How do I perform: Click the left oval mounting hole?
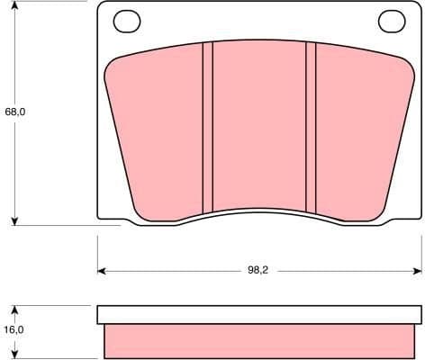pyautogui.click(x=127, y=19)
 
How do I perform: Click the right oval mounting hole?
pyautogui.click(x=392, y=19)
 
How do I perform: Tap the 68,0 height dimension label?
pyautogui.click(x=14, y=113)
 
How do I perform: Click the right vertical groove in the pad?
pyautogui.click(x=312, y=126)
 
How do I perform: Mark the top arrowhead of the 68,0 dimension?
pyautogui.click(x=16, y=6)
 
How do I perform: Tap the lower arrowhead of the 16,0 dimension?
pyautogui.click(x=16, y=353)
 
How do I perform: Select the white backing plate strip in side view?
pyautogui.click(x=259, y=314)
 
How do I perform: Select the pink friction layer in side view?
pyautogui.click(x=259, y=340)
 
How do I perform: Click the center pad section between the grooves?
pyautogui.click(x=259, y=126)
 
